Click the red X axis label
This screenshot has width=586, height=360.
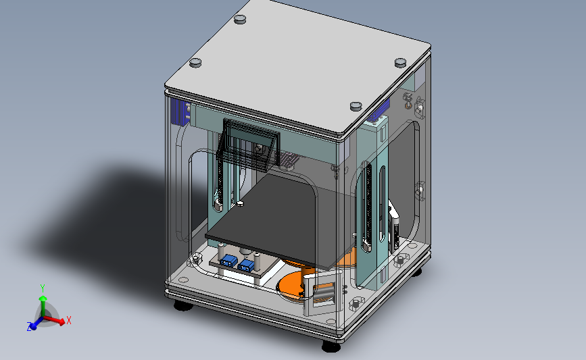coord(69,320)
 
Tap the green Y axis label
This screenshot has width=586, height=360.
coord(43,288)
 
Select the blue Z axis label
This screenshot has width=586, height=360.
coord(29,326)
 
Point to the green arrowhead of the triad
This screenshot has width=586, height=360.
coord(43,298)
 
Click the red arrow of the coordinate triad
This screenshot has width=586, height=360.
coord(54,319)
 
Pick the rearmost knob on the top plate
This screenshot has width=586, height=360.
coord(240,19)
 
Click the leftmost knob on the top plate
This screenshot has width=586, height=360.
coord(195,62)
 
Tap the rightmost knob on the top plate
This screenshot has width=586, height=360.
coord(400,62)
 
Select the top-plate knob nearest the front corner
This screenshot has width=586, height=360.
coord(356,106)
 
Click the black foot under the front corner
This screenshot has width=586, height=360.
coord(331,346)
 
